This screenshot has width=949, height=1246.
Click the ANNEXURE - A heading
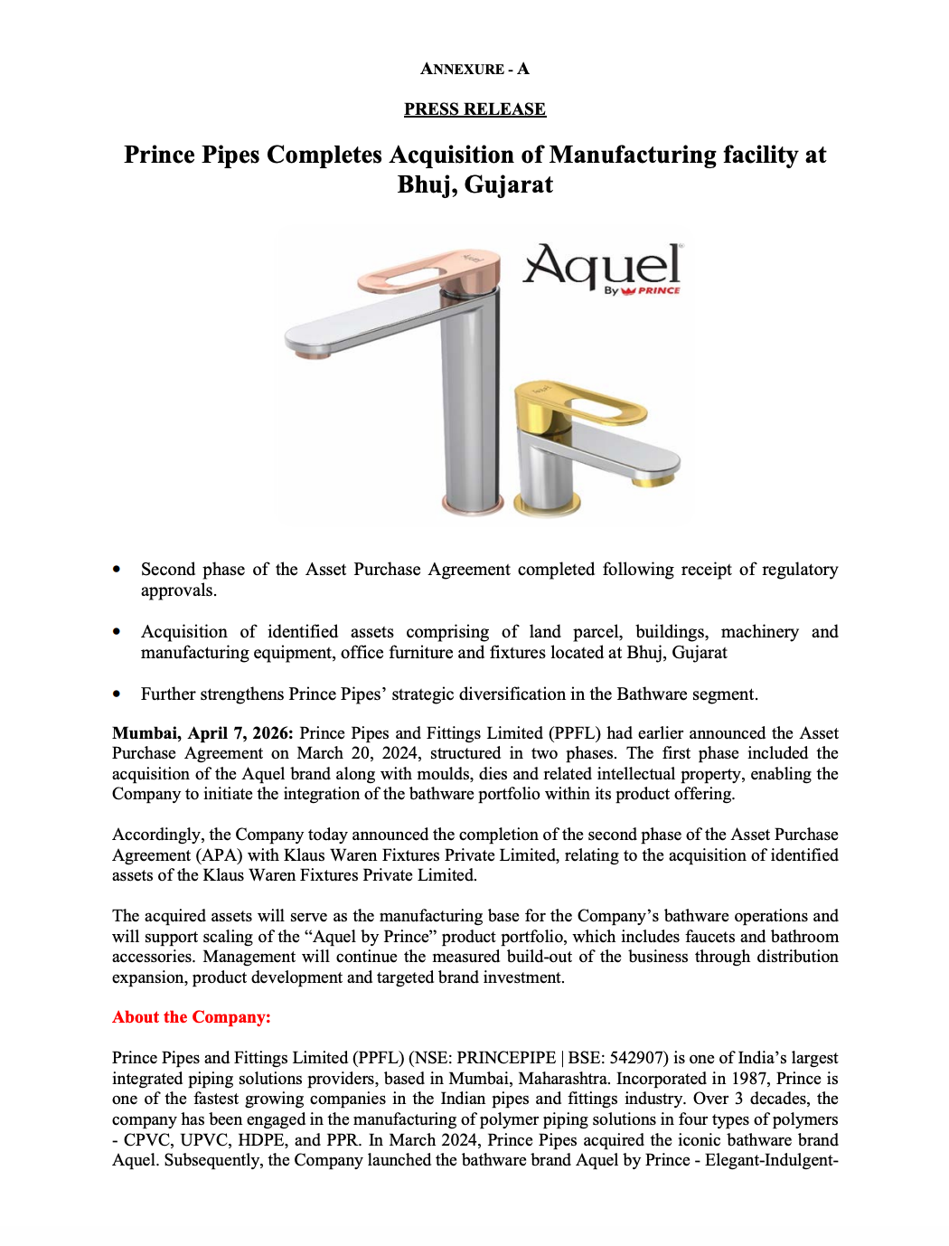coord(474,69)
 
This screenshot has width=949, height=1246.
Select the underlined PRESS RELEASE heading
coord(474,109)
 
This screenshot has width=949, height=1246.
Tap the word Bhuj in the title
coord(427,184)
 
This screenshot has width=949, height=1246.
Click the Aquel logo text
coord(602,266)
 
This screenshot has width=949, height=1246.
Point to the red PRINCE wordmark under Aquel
coord(659,291)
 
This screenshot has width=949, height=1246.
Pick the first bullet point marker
coord(117,570)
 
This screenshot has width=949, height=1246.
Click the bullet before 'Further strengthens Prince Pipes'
coord(117,694)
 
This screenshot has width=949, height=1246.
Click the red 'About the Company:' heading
coord(192,1017)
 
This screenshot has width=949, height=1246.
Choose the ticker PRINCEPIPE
coord(506,1058)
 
